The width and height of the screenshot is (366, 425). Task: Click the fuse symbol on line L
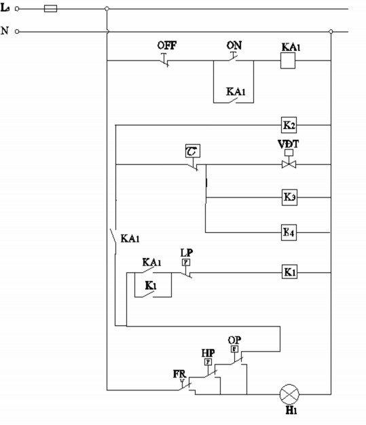50,9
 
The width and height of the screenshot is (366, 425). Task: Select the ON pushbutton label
234,45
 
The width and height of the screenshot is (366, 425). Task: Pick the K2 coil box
289,125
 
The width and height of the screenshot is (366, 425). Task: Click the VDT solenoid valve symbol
289,164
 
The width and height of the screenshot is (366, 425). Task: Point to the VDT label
287,145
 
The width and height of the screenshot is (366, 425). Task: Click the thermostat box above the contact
191,150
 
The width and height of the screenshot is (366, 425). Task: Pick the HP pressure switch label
208,353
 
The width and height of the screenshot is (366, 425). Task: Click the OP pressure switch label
234,339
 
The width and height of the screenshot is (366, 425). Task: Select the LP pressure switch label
186,253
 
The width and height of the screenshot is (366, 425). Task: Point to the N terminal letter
5,31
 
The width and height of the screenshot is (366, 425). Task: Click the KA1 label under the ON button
235,91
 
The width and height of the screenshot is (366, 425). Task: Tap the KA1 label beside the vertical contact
130,238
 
